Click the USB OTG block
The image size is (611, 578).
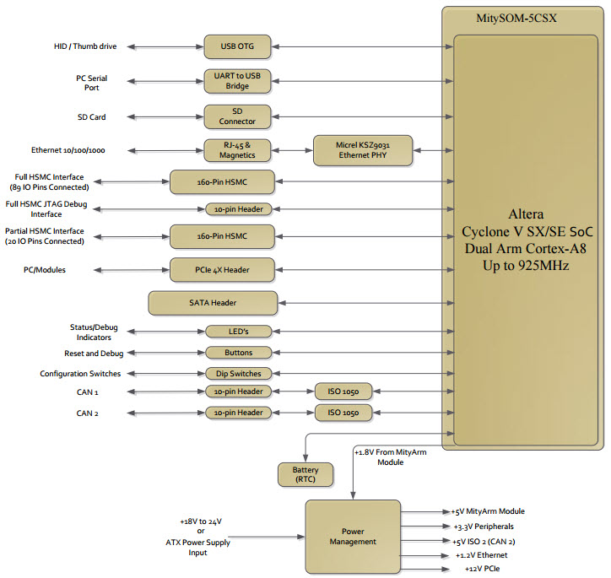click(x=237, y=46)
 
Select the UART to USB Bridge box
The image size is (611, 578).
click(x=237, y=80)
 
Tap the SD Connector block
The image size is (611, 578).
click(x=237, y=116)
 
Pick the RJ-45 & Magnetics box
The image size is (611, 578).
click(x=237, y=150)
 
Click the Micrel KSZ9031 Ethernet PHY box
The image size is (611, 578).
click(x=364, y=150)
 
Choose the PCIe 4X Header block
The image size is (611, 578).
click(x=223, y=270)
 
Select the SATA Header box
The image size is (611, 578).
click(x=213, y=303)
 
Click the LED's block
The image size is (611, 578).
click(x=237, y=331)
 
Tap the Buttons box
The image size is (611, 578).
click(x=237, y=352)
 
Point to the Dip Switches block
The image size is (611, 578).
click(x=237, y=373)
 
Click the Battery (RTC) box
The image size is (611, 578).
click(x=305, y=474)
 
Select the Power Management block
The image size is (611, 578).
click(x=353, y=536)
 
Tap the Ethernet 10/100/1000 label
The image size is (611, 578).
click(x=69, y=150)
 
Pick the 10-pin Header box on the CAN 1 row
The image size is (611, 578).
click(x=237, y=392)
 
